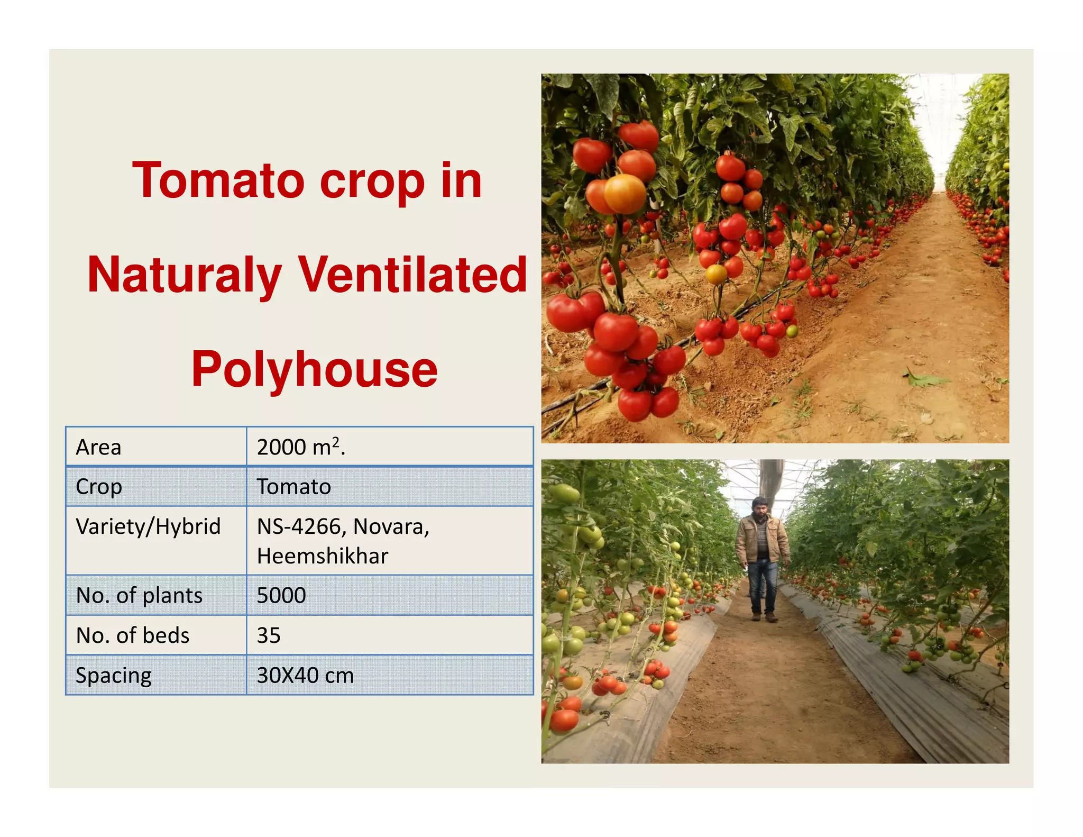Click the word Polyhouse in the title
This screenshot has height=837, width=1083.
click(314, 369)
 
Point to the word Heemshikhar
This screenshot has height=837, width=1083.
click(323, 556)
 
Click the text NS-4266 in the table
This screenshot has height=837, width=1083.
click(301, 526)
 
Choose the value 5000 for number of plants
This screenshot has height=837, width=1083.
click(281, 596)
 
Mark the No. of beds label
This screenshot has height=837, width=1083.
click(133, 635)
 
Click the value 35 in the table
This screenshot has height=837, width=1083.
click(269, 635)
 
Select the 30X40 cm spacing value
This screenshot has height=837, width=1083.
click(305, 676)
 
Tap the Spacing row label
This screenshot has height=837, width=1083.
click(114, 676)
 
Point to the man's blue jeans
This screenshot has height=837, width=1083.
click(763, 585)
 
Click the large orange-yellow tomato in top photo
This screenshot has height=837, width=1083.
click(625, 194)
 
